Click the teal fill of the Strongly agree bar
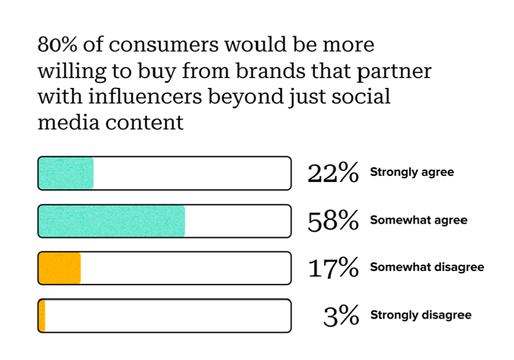pos(66,173)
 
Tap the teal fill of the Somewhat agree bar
pos(112,221)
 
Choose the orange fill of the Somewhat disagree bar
pos(60,268)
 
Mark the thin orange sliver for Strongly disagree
pos(42,316)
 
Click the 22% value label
pos(333,173)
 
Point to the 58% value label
pos(333,221)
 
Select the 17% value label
pos(333,268)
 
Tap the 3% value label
pos(341,316)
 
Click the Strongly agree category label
pos(412,173)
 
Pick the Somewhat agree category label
pos(419,221)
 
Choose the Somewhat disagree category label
pos(427,268)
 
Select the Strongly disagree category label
pos(421,315)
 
